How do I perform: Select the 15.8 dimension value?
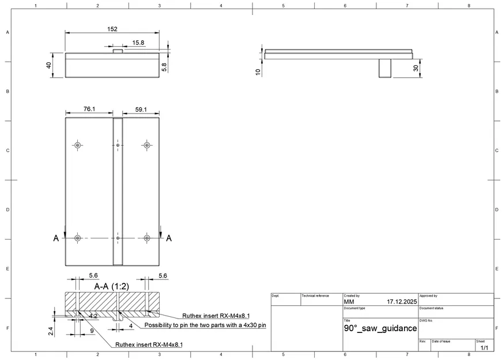[x=138, y=43]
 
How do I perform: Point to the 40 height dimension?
[x=49, y=65]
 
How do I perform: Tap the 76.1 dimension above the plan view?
[x=89, y=108]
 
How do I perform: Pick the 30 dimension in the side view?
[x=416, y=67]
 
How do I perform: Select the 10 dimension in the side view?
[x=258, y=71]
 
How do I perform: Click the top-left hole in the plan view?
[x=77, y=145]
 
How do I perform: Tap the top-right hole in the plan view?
[x=146, y=145]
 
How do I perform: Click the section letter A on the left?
[x=56, y=238]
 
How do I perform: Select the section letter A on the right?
[x=168, y=238]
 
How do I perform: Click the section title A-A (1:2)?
[x=111, y=286]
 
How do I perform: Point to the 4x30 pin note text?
[x=205, y=325]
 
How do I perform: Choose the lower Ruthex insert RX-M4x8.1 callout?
[x=149, y=344]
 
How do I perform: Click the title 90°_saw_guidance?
[x=380, y=328]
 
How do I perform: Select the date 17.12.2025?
[x=402, y=301]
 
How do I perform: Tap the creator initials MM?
[x=349, y=301]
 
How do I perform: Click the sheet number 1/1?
[x=484, y=347]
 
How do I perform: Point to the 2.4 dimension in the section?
[x=51, y=331]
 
